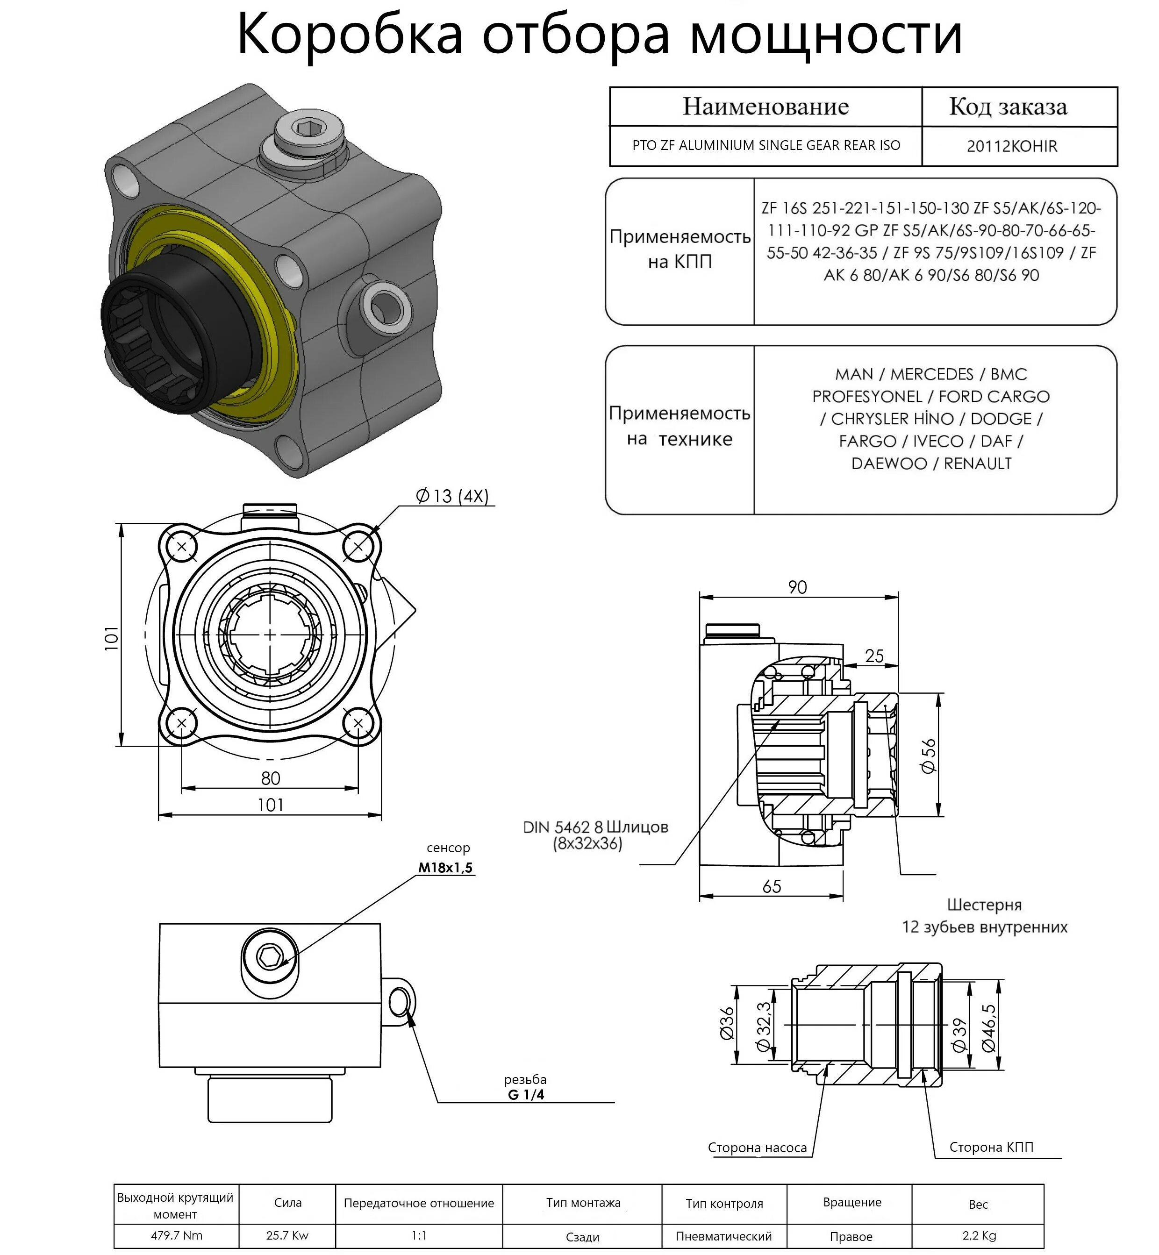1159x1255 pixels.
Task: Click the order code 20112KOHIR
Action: pos(1012,146)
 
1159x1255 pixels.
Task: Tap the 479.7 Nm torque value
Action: pos(176,1235)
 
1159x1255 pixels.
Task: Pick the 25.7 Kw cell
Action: pos(287,1235)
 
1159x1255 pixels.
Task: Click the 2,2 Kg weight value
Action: pos(979,1235)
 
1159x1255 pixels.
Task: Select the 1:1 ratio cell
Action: pos(419,1235)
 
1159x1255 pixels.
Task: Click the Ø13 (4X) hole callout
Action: pos(451,497)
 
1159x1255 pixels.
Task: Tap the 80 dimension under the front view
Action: pos(270,778)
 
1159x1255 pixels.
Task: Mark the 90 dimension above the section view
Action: pos(797,587)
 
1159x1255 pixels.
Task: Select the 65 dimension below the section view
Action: pos(772,886)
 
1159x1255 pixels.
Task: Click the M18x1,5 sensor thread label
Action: pos(445,868)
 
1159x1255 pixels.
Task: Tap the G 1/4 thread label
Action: pos(526,1095)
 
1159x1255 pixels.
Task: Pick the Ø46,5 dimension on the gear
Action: pos(988,1027)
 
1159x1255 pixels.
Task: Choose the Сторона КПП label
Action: pos(991,1147)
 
